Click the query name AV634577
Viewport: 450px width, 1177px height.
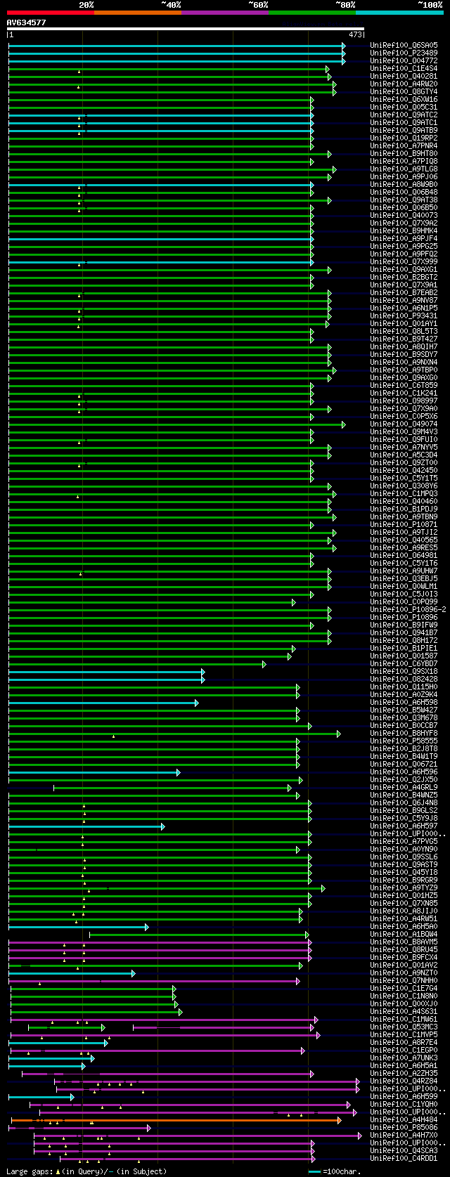(x=26, y=22)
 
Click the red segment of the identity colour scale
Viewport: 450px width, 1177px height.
(x=50, y=12)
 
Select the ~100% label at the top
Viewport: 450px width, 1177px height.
(x=430, y=4)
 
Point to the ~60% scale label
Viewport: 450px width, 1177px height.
(x=258, y=4)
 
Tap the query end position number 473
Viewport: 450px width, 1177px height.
(x=354, y=34)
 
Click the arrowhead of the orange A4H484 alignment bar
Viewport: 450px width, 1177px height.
(x=339, y=1120)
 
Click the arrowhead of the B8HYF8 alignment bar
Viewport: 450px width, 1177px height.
(x=338, y=734)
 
